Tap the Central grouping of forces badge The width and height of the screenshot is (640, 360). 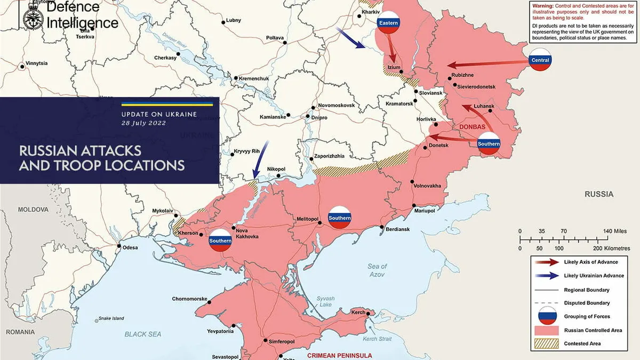[x=540, y=60]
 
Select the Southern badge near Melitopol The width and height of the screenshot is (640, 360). [x=340, y=218]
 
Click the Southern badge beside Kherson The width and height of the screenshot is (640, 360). [x=220, y=241]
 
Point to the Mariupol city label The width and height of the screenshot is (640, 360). [x=425, y=211]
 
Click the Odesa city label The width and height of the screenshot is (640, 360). [x=130, y=247]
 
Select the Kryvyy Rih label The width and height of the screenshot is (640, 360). [x=246, y=151]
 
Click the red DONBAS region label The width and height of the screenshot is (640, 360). [x=472, y=127]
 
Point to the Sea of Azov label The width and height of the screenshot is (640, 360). [x=377, y=270]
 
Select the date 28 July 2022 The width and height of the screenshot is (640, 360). [x=143, y=123]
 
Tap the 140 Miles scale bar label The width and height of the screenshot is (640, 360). [x=614, y=231]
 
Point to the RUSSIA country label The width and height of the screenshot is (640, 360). [x=598, y=194]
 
